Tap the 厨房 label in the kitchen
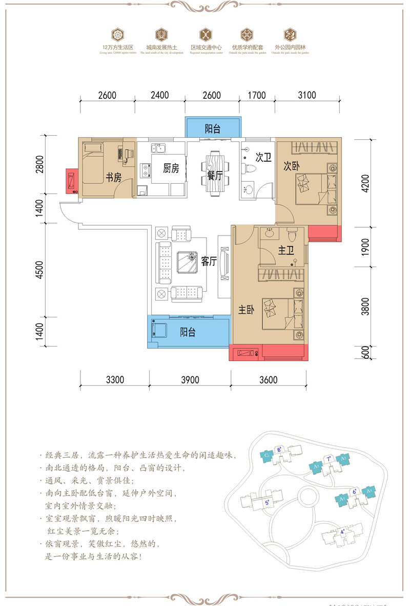[x=171, y=169]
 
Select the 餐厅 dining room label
[x=215, y=176]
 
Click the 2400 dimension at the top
[x=159, y=95]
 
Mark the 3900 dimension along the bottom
[x=190, y=380]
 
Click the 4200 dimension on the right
[x=365, y=183]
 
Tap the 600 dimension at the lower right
[x=365, y=353]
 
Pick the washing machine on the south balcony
[x=160, y=330]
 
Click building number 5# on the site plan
[x=267, y=503]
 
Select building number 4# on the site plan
[x=342, y=532]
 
